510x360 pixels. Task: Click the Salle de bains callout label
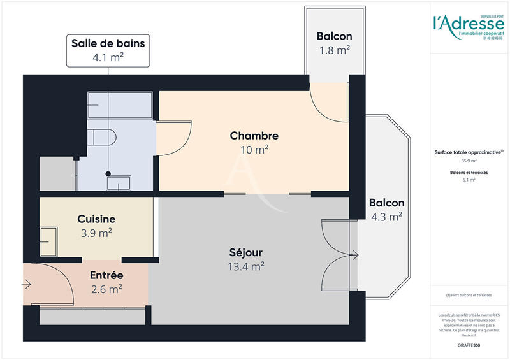click(108, 44)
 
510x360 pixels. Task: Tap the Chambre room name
click(254, 136)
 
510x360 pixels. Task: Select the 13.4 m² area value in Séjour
click(245, 266)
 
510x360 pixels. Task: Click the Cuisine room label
click(96, 219)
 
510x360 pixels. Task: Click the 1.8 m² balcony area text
click(334, 50)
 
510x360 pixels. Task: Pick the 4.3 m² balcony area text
click(386, 217)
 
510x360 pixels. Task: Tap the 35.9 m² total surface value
click(469, 161)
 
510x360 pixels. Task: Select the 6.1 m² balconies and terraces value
click(469, 180)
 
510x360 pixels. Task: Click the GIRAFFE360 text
click(468, 345)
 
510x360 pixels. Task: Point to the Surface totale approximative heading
click(469, 152)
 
